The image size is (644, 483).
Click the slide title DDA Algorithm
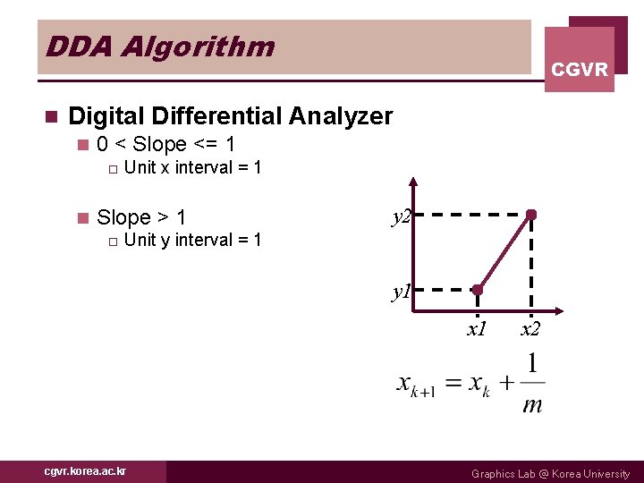click(160, 47)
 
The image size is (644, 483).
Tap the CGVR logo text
click(580, 69)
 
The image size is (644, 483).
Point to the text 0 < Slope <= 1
click(165, 144)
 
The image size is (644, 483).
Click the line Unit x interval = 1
click(192, 167)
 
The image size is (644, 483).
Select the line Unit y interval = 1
click(192, 240)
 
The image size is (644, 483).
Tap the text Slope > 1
click(141, 217)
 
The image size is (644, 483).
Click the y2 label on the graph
click(399, 216)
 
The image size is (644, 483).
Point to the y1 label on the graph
click(399, 292)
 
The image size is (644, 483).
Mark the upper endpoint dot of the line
click(531, 215)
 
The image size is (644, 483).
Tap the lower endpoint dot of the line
click(478, 290)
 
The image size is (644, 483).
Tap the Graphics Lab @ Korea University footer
click(550, 473)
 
